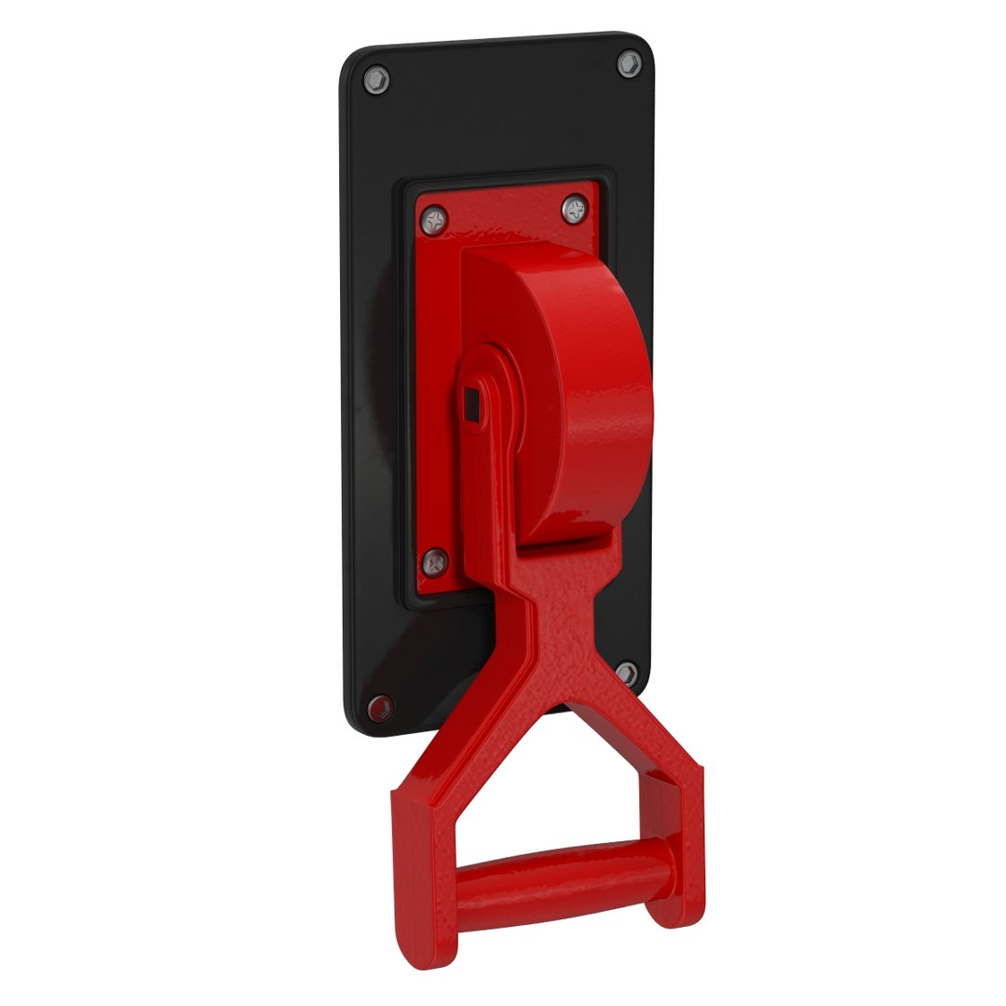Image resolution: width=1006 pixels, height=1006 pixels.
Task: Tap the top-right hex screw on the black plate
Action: (629, 63)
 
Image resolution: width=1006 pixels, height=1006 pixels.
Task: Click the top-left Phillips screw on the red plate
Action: (434, 219)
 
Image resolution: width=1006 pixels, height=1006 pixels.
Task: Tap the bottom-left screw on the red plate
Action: (435, 561)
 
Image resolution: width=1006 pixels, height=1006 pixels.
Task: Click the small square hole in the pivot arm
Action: (471, 402)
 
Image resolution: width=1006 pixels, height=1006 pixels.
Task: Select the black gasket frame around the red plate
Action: (406, 391)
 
